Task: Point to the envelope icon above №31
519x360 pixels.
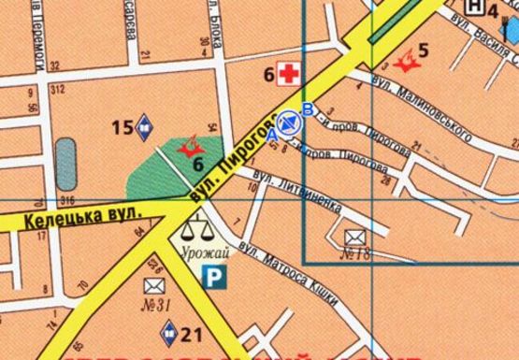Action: coord(153,285)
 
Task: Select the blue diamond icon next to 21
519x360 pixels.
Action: coord(169,330)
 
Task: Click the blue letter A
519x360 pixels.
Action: coord(272,136)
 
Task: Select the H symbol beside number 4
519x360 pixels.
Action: coord(477,7)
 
